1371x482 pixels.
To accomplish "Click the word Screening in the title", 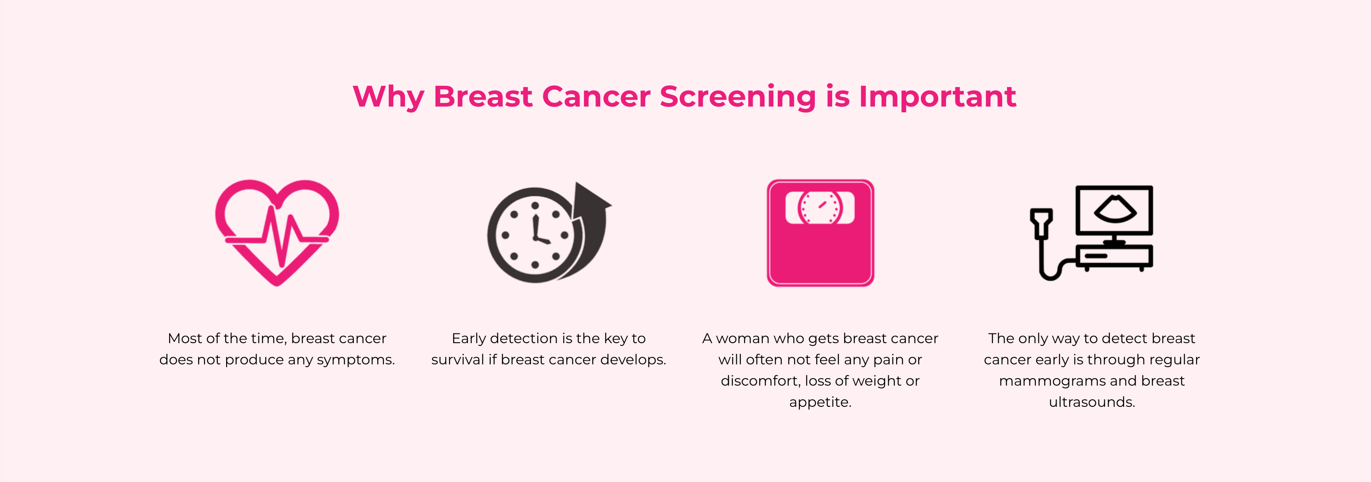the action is pyautogui.click(x=738, y=97).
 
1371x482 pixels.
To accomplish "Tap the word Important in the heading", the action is pyautogui.click(x=937, y=96).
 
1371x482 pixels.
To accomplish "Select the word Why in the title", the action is pyautogui.click(x=389, y=97).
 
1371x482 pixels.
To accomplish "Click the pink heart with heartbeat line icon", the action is pyautogui.click(x=277, y=232).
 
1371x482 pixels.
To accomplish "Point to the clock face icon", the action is pyautogui.click(x=534, y=235).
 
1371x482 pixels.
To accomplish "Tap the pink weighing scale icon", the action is pyautogui.click(x=820, y=233).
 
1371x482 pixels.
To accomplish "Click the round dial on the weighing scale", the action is pyautogui.click(x=820, y=208).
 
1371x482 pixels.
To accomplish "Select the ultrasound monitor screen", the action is pyautogui.click(x=1114, y=210).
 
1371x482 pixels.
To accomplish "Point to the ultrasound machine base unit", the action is pyautogui.click(x=1114, y=257).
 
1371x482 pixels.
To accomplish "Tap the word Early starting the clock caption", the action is pyautogui.click(x=469, y=339).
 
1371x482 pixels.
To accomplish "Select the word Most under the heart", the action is pyautogui.click(x=185, y=338).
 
